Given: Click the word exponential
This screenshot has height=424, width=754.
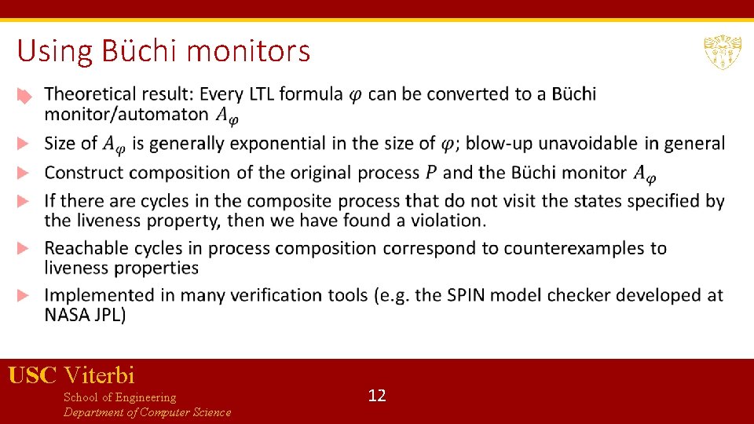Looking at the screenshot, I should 257,144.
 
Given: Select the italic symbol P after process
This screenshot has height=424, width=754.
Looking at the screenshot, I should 431,172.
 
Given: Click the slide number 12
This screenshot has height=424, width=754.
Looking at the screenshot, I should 377,396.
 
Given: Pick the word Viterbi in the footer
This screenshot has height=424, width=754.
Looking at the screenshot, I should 100,376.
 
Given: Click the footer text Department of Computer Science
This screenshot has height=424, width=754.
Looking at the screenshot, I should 147,413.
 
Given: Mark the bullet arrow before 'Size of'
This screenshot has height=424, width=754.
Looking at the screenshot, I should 24,144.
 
